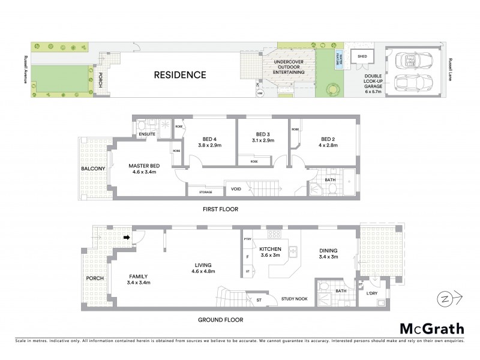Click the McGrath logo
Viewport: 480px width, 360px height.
[431, 328]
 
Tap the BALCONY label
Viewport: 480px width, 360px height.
[94, 169]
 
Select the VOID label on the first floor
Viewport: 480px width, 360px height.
[236, 189]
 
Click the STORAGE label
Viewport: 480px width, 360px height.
[197, 192]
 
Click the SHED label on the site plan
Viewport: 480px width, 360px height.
[362, 56]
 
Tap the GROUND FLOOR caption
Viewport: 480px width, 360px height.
[221, 320]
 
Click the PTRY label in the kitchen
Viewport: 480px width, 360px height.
[247, 239]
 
